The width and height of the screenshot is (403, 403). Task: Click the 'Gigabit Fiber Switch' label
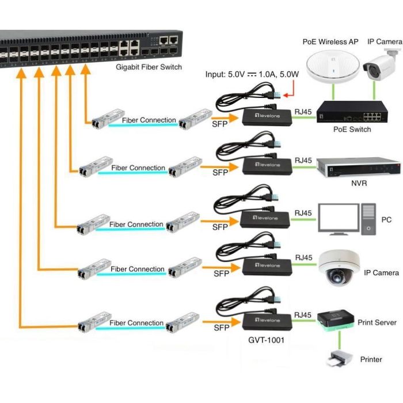click(x=149, y=67)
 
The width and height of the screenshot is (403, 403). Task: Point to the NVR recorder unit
click(x=358, y=166)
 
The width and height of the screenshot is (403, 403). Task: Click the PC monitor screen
click(x=339, y=219)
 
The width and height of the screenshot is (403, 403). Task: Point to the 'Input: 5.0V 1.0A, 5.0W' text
click(x=252, y=74)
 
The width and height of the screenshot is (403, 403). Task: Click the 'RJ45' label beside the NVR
click(x=303, y=160)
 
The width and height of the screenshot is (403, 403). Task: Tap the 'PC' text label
click(x=386, y=220)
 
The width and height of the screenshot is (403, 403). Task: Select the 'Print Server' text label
click(x=377, y=322)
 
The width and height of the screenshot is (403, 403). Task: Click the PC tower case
click(x=368, y=219)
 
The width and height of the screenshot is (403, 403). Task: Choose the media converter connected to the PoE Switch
click(x=265, y=116)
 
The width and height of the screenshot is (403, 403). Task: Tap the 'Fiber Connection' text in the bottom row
click(x=137, y=323)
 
